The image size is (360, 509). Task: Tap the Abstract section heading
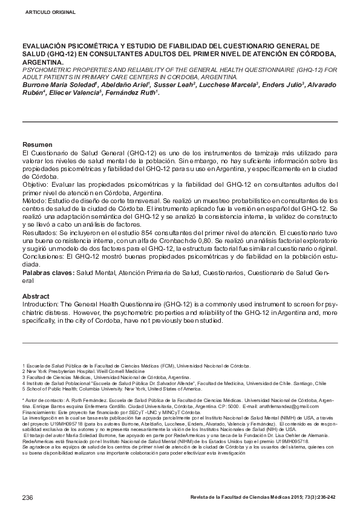pyautogui.click(x=36, y=296)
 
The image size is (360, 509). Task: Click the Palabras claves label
pyautogui.click(x=48, y=273)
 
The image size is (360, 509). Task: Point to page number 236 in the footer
pyautogui.click(x=27, y=497)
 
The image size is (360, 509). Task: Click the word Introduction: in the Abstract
pyautogui.click(x=44, y=304)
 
